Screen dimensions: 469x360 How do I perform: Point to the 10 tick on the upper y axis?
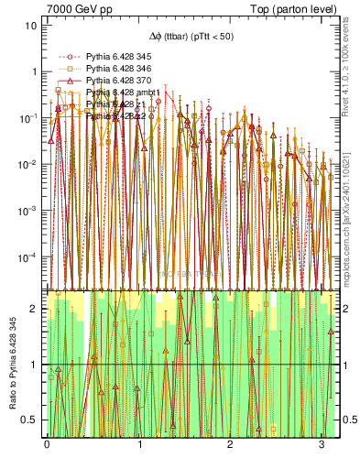pyautogui.click(x=31, y=25)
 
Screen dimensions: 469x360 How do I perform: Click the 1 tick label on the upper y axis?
pyautogui.click(x=34, y=71)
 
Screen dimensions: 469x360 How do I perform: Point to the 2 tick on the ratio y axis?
pyautogui.click(x=34, y=309)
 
